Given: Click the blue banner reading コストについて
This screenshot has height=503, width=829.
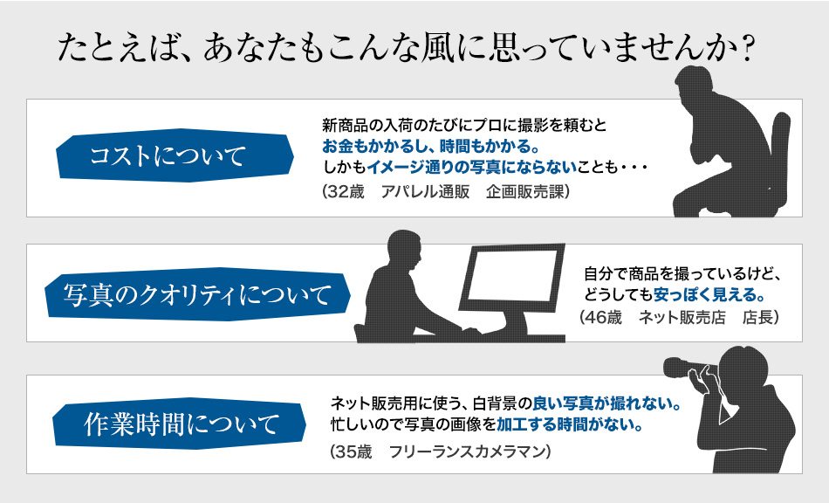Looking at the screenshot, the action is [175, 155].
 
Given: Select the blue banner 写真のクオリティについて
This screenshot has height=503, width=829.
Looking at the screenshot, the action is [197, 294].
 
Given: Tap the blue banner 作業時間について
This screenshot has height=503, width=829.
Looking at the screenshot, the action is [179, 424].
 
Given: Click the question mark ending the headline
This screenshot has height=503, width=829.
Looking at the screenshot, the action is [746, 49].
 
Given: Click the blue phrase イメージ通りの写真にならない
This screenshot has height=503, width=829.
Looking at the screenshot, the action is [471, 168].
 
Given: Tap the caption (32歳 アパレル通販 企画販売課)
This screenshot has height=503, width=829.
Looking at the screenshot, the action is [446, 191].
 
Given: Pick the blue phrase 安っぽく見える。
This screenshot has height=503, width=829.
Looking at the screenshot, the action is [709, 294].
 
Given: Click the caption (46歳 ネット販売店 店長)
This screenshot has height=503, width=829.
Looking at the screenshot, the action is [680, 317].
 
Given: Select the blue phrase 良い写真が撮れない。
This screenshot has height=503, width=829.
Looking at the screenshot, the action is [606, 403].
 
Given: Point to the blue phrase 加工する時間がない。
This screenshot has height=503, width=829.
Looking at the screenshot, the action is [570, 424].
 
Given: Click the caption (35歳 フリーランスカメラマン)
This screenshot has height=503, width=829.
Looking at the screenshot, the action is [441, 452].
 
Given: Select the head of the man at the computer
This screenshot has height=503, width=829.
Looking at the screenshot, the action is [404, 250].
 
